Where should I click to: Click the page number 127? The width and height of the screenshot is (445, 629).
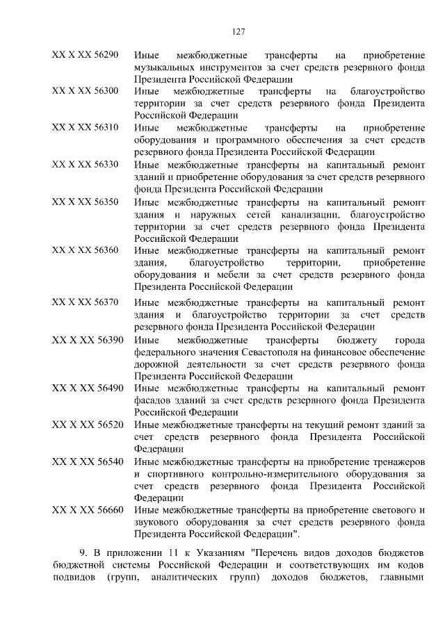[x=236, y=31]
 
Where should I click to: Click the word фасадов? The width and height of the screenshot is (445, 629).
[x=154, y=400]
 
